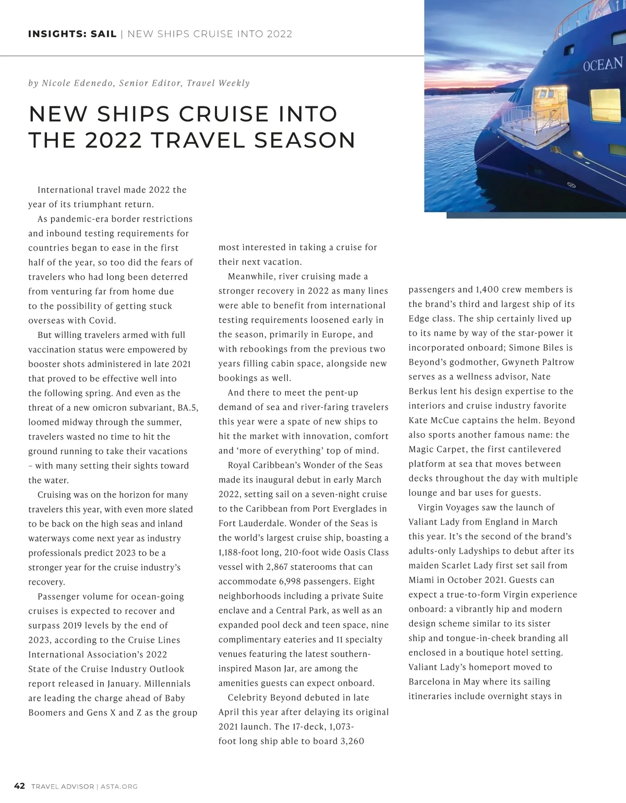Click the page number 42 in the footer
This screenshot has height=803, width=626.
[19, 786]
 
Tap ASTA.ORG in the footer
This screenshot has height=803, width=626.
[119, 786]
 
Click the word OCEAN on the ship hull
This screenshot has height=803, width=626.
[603, 65]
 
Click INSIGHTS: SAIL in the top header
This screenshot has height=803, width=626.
[72, 34]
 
